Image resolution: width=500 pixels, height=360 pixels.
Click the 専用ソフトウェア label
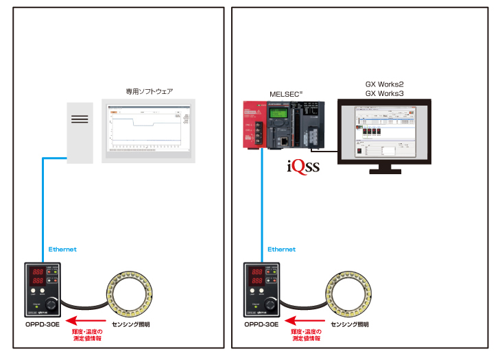click(149, 91)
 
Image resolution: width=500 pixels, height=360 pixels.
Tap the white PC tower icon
click(80, 132)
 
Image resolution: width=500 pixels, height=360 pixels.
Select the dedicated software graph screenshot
click(148, 130)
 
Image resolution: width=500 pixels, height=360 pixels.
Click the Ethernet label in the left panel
click(62, 249)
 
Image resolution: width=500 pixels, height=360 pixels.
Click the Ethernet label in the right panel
click(281, 249)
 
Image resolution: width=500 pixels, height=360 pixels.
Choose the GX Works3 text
click(384, 93)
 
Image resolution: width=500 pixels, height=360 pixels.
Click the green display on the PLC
click(279, 112)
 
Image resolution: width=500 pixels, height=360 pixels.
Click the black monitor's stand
click(384, 168)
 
